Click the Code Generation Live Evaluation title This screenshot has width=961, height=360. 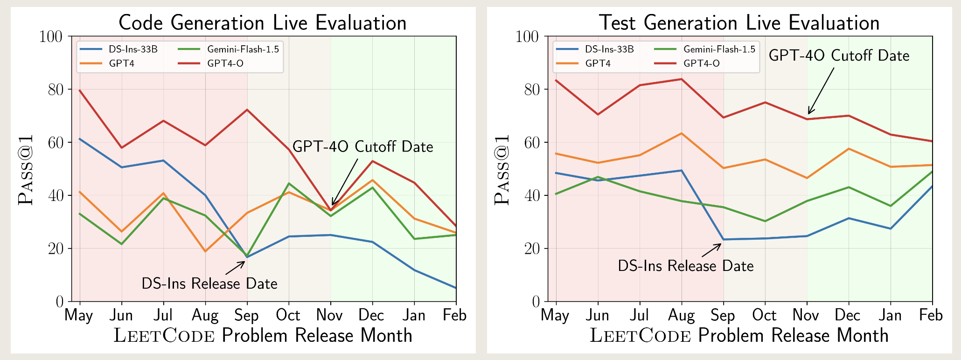coord(262,22)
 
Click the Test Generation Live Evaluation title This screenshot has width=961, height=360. coord(739,22)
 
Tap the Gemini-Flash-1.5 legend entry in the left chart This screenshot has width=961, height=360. coord(243,49)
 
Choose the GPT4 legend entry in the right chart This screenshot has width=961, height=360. coord(598,63)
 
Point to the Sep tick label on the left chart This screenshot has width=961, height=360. coord(246,315)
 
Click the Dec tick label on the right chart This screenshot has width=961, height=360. coord(848,315)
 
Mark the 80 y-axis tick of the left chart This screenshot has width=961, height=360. coord(55,89)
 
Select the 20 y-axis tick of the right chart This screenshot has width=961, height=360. coord(531,248)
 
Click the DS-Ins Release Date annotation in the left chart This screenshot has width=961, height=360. coord(209,284)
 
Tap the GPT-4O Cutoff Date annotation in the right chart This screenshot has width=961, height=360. coord(839,55)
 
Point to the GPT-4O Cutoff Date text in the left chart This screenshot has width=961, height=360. coord(362,147)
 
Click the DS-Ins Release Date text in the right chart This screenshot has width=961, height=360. coord(685,266)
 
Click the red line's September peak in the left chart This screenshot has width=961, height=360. coord(247,110)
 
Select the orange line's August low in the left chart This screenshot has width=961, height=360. coord(205,251)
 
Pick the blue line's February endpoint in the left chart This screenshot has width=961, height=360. coord(456,288)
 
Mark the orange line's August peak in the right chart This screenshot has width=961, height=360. coord(682,133)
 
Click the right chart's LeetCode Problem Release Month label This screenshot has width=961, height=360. coord(739,335)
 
